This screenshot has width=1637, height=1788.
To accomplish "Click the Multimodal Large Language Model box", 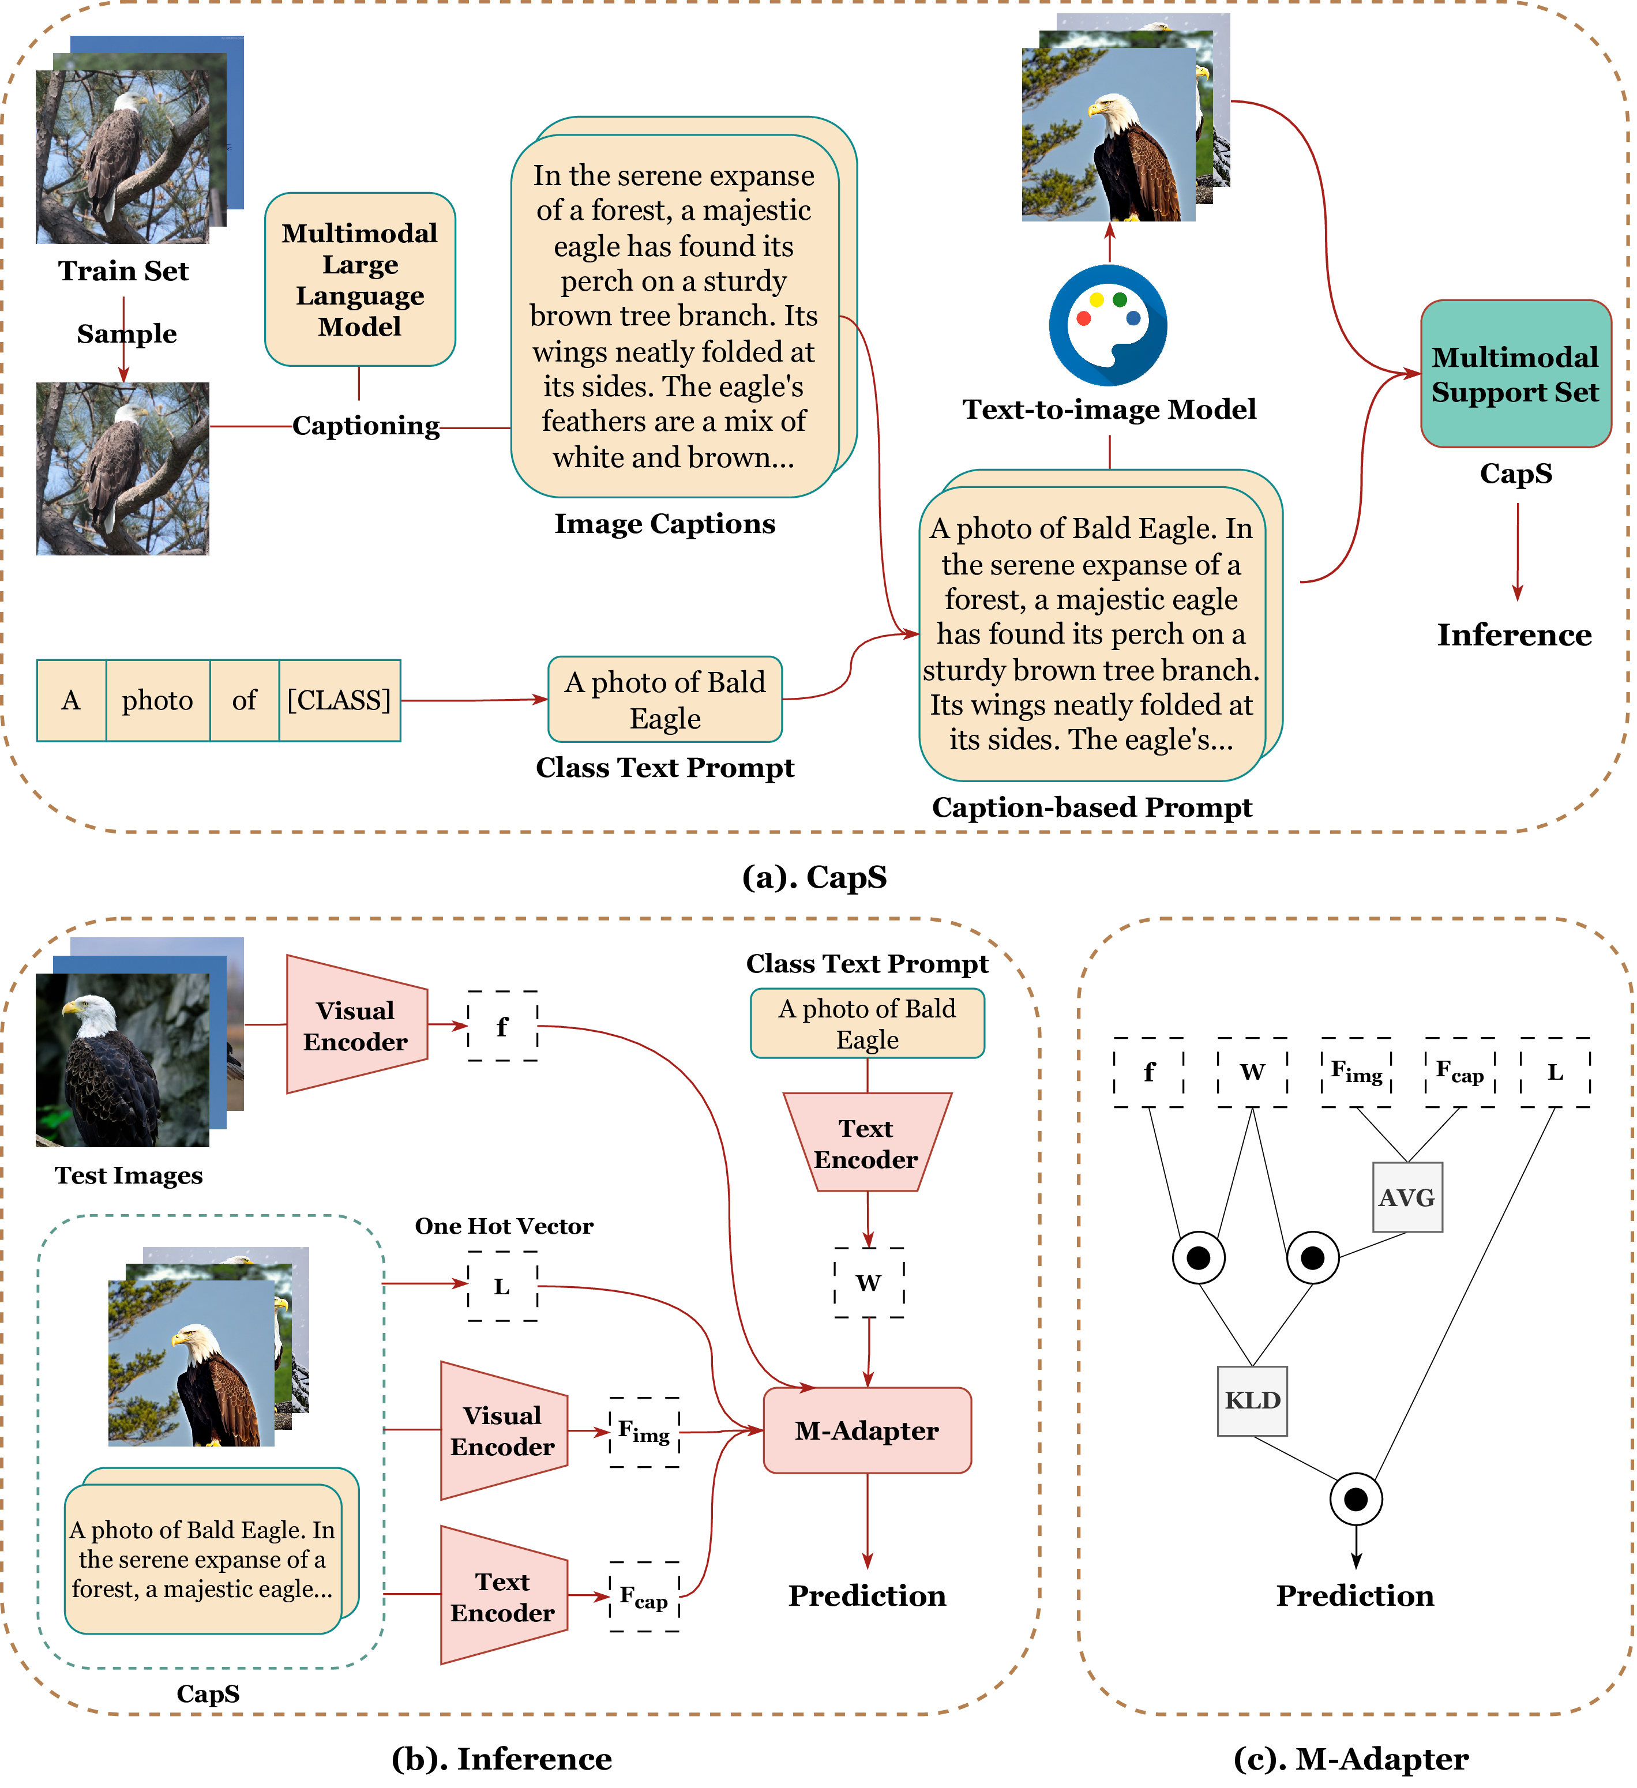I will pyautogui.click(x=359, y=279).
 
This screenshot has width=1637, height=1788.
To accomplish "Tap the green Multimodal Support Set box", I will pyautogui.click(x=1515, y=373).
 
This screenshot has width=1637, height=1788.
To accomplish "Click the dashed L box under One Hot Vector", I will pyautogui.click(x=502, y=1286).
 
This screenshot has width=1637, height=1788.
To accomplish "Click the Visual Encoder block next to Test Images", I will pyautogui.click(x=355, y=1026).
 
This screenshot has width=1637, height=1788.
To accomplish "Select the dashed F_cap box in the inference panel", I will pyautogui.click(x=644, y=1597).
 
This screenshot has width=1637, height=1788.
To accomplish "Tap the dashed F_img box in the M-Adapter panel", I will pyautogui.click(x=1356, y=1072).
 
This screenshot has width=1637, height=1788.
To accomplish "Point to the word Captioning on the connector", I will pyautogui.click(x=365, y=426).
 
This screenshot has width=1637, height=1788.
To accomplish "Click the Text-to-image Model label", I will pyautogui.click(x=1109, y=409).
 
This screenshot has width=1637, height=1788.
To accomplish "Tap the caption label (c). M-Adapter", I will pyautogui.click(x=1350, y=1759).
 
